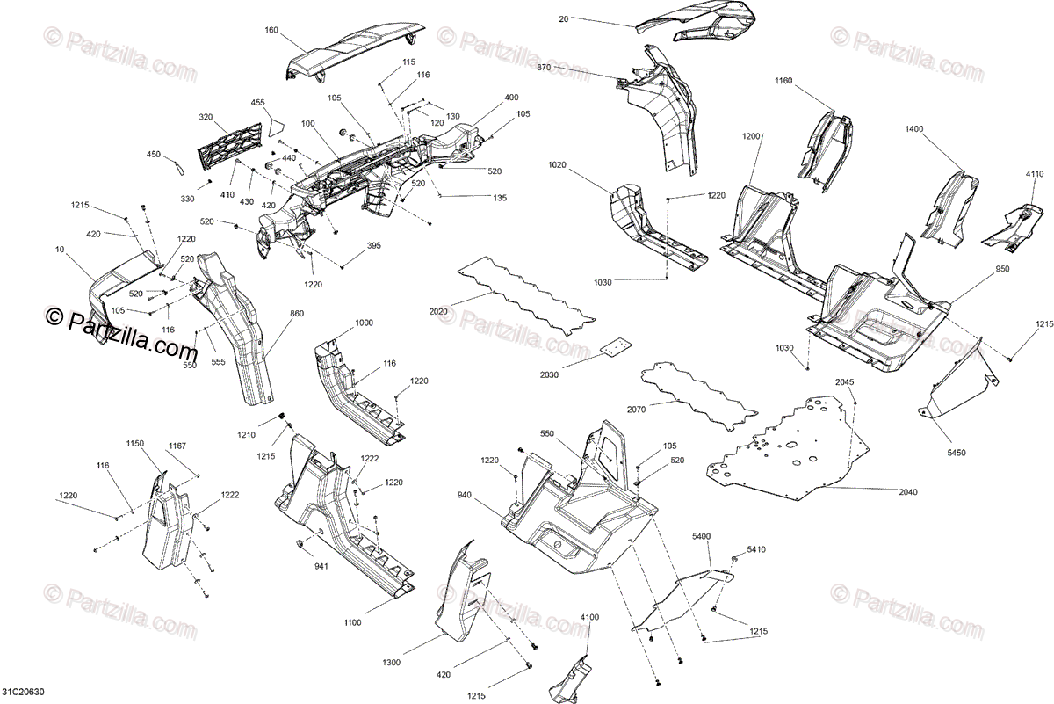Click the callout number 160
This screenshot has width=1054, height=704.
[271, 30]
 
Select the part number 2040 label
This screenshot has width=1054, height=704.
[907, 492]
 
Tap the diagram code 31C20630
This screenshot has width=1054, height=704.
[23, 693]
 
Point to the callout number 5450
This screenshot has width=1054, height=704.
[957, 453]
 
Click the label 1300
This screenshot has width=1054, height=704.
[393, 662]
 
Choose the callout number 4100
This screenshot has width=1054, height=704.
[589, 618]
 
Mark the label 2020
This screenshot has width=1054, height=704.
[439, 311]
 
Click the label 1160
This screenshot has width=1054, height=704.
[783, 81]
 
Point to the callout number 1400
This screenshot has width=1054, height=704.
[914, 129]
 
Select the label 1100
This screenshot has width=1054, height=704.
[351, 623]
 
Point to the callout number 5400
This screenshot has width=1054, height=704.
[702, 535]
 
